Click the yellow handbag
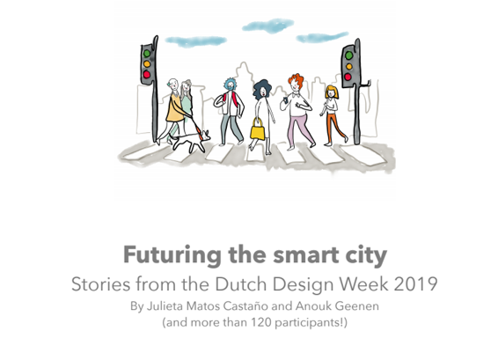coord(257,129)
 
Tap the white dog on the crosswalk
coord(191,141)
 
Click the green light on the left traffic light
coord(147,53)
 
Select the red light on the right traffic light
coord(348,77)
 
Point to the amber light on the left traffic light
coord(147,64)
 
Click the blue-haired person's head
coord(231,84)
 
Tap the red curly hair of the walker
coord(296,80)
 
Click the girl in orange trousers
coord(333,115)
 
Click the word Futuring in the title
coord(172,255)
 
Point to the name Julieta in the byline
coord(165,306)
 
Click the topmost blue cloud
coord(267,26)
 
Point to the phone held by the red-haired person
coord(285,99)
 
